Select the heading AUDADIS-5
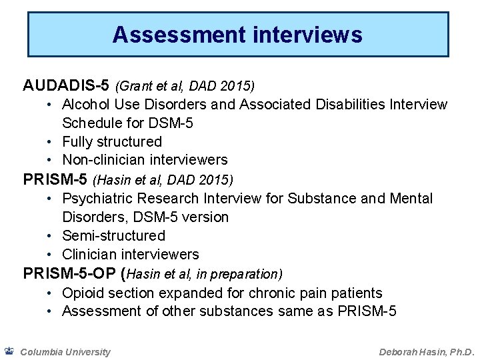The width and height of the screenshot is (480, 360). [67, 86]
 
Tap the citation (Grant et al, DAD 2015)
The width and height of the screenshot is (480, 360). [185, 87]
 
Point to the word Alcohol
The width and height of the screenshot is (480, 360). [84, 105]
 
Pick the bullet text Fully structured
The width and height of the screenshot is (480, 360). [112, 141]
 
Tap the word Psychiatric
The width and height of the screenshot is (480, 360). [94, 199]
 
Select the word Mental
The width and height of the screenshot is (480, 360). [412, 199]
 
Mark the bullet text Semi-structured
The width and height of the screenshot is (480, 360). [113, 235]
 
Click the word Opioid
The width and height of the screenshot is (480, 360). [81, 293]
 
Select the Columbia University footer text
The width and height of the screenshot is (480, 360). [65, 351]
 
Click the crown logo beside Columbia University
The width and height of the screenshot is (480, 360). [9, 350]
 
